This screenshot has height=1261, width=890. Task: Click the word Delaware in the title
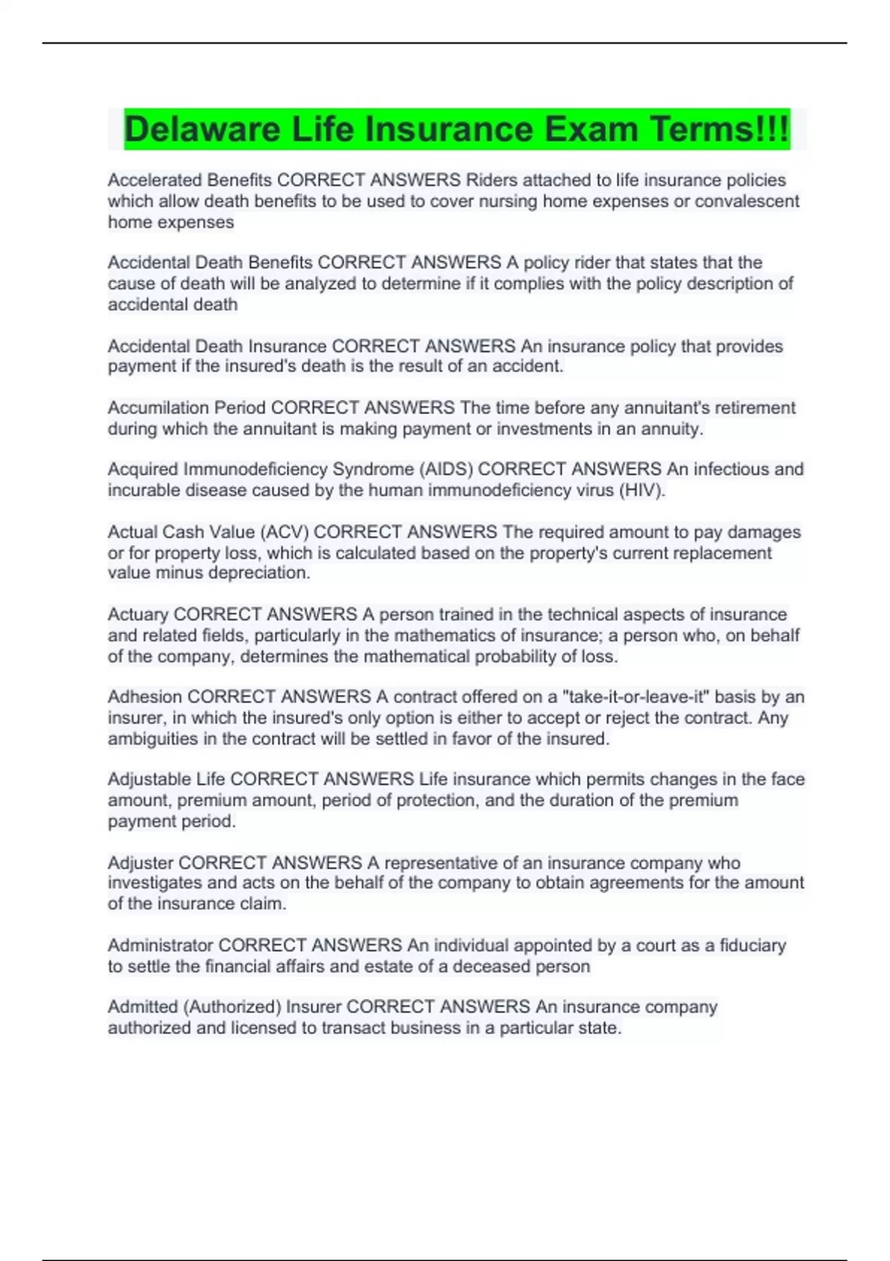point(202,129)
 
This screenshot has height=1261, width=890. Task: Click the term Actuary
point(138,614)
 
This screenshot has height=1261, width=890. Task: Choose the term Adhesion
point(145,697)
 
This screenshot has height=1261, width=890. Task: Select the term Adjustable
point(149,779)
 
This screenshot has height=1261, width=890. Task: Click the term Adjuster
point(140,863)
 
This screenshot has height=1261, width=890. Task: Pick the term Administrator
point(160,945)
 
